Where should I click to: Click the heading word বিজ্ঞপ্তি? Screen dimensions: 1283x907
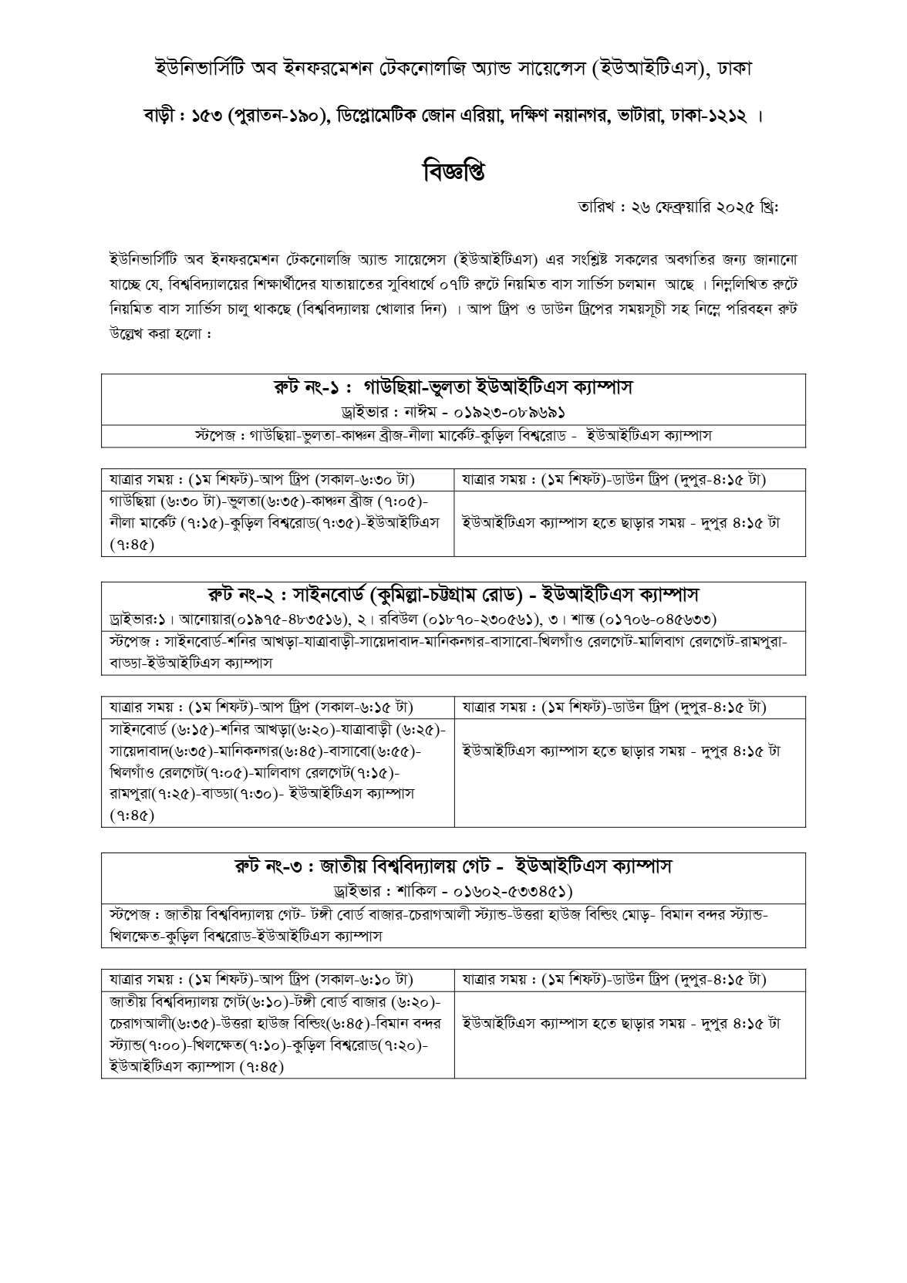coord(454,170)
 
